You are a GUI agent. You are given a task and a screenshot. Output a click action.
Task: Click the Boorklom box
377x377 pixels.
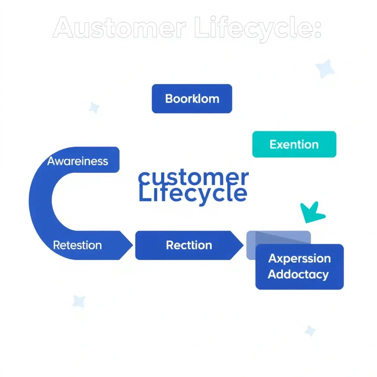click(x=192, y=99)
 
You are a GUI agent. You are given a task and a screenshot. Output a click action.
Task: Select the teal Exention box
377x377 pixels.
click(x=294, y=144)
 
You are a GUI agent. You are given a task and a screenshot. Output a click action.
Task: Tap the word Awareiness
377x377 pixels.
click(x=78, y=161)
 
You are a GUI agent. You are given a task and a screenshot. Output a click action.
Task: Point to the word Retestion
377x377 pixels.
click(x=77, y=245)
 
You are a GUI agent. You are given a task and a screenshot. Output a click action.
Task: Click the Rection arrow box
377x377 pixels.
click(x=189, y=245)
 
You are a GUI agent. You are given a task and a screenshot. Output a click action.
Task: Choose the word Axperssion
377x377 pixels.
click(x=299, y=258)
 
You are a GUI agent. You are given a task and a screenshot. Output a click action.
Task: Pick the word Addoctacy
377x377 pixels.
click(x=298, y=274)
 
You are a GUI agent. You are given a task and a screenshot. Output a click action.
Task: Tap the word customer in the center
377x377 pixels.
click(x=193, y=178)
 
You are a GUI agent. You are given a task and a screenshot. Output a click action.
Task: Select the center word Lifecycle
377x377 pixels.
click(x=193, y=194)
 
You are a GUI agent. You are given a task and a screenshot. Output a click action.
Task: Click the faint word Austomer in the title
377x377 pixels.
click(x=119, y=29)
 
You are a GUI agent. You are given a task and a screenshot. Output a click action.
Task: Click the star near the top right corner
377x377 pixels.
click(x=325, y=69)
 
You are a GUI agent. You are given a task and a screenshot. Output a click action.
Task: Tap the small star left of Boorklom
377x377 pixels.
click(x=94, y=108)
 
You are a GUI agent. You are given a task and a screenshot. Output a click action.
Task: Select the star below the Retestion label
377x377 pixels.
click(x=79, y=301)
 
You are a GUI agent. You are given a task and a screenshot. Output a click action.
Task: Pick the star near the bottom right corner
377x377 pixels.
click(x=310, y=331)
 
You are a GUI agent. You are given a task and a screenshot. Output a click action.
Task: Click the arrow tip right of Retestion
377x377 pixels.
click(x=130, y=245)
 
